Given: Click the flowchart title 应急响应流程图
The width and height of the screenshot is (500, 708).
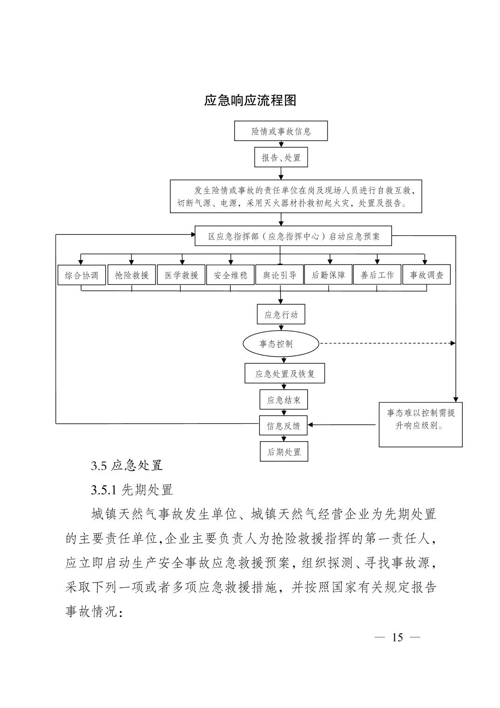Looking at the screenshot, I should point(250,101).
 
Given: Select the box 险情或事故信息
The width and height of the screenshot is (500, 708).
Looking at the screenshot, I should point(281,131).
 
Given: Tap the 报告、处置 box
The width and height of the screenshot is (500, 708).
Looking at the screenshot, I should point(281,157).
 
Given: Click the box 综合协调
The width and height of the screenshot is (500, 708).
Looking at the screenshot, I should point(81,275).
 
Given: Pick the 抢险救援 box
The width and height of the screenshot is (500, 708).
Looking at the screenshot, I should point(132,275).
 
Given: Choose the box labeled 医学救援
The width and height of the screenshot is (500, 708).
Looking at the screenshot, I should point(181,275).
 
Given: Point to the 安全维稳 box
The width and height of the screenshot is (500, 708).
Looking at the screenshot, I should point(230,275).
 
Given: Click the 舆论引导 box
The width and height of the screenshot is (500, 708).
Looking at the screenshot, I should point(280,275).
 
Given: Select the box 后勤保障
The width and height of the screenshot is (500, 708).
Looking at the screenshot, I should point(328,275).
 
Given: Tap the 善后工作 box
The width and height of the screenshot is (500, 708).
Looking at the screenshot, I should point(377,275).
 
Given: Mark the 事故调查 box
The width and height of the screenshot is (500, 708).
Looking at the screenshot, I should point(426,275).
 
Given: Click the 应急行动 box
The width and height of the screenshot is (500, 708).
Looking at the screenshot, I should point(281,314).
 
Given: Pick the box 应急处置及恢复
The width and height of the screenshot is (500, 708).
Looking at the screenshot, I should point(284,373).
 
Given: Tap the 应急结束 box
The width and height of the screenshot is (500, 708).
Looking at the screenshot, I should point(284,400).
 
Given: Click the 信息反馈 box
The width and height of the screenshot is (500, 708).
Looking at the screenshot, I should point(283,425).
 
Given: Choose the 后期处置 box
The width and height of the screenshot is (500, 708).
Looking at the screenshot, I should point(284,451).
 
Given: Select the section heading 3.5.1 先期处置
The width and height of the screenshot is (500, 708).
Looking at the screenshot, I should point(132,490).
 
